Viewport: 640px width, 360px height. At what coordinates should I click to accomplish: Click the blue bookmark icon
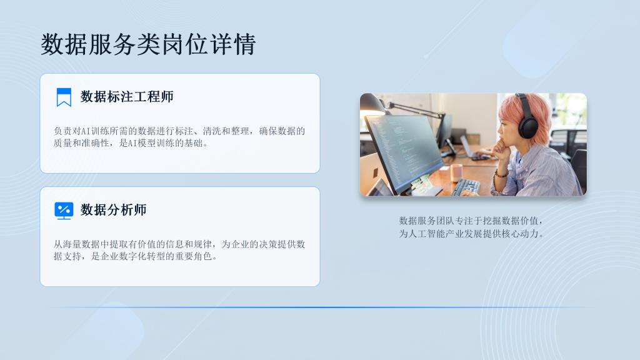(x=64, y=97)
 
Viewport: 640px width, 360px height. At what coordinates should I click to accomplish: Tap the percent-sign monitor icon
(x=64, y=211)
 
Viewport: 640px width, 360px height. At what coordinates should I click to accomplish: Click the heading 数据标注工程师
(x=127, y=97)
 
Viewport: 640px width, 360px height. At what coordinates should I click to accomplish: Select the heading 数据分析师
(x=114, y=210)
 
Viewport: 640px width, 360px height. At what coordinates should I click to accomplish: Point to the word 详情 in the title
(x=232, y=44)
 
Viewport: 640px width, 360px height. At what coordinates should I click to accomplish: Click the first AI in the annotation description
(x=86, y=131)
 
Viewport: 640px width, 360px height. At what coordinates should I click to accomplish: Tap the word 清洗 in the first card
(x=212, y=131)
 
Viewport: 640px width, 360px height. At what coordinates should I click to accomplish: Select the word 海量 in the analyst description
(x=72, y=244)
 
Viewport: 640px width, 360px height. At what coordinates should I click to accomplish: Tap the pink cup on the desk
(x=456, y=172)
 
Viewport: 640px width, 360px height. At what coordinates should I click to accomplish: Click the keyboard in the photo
(x=466, y=187)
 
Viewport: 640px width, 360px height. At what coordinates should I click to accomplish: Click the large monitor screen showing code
(x=402, y=151)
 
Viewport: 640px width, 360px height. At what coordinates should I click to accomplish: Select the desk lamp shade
(x=372, y=104)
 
